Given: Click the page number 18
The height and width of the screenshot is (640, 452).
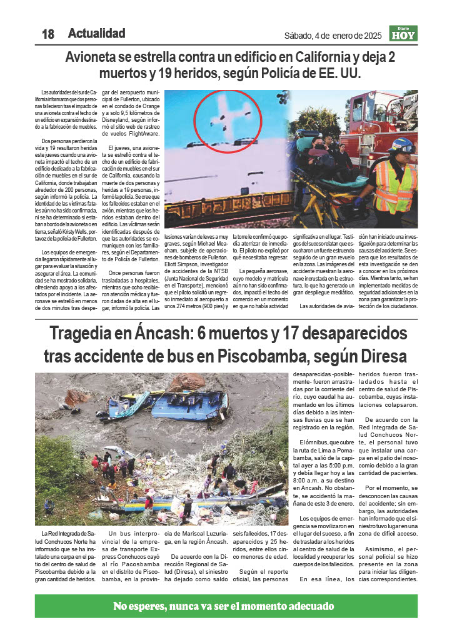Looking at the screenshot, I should [x=48, y=34].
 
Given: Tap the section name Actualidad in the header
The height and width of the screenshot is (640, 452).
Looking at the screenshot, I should [x=96, y=34].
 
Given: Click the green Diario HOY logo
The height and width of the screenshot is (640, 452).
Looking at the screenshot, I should [x=403, y=34].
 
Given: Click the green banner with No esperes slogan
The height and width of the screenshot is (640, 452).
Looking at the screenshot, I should [x=226, y=606].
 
